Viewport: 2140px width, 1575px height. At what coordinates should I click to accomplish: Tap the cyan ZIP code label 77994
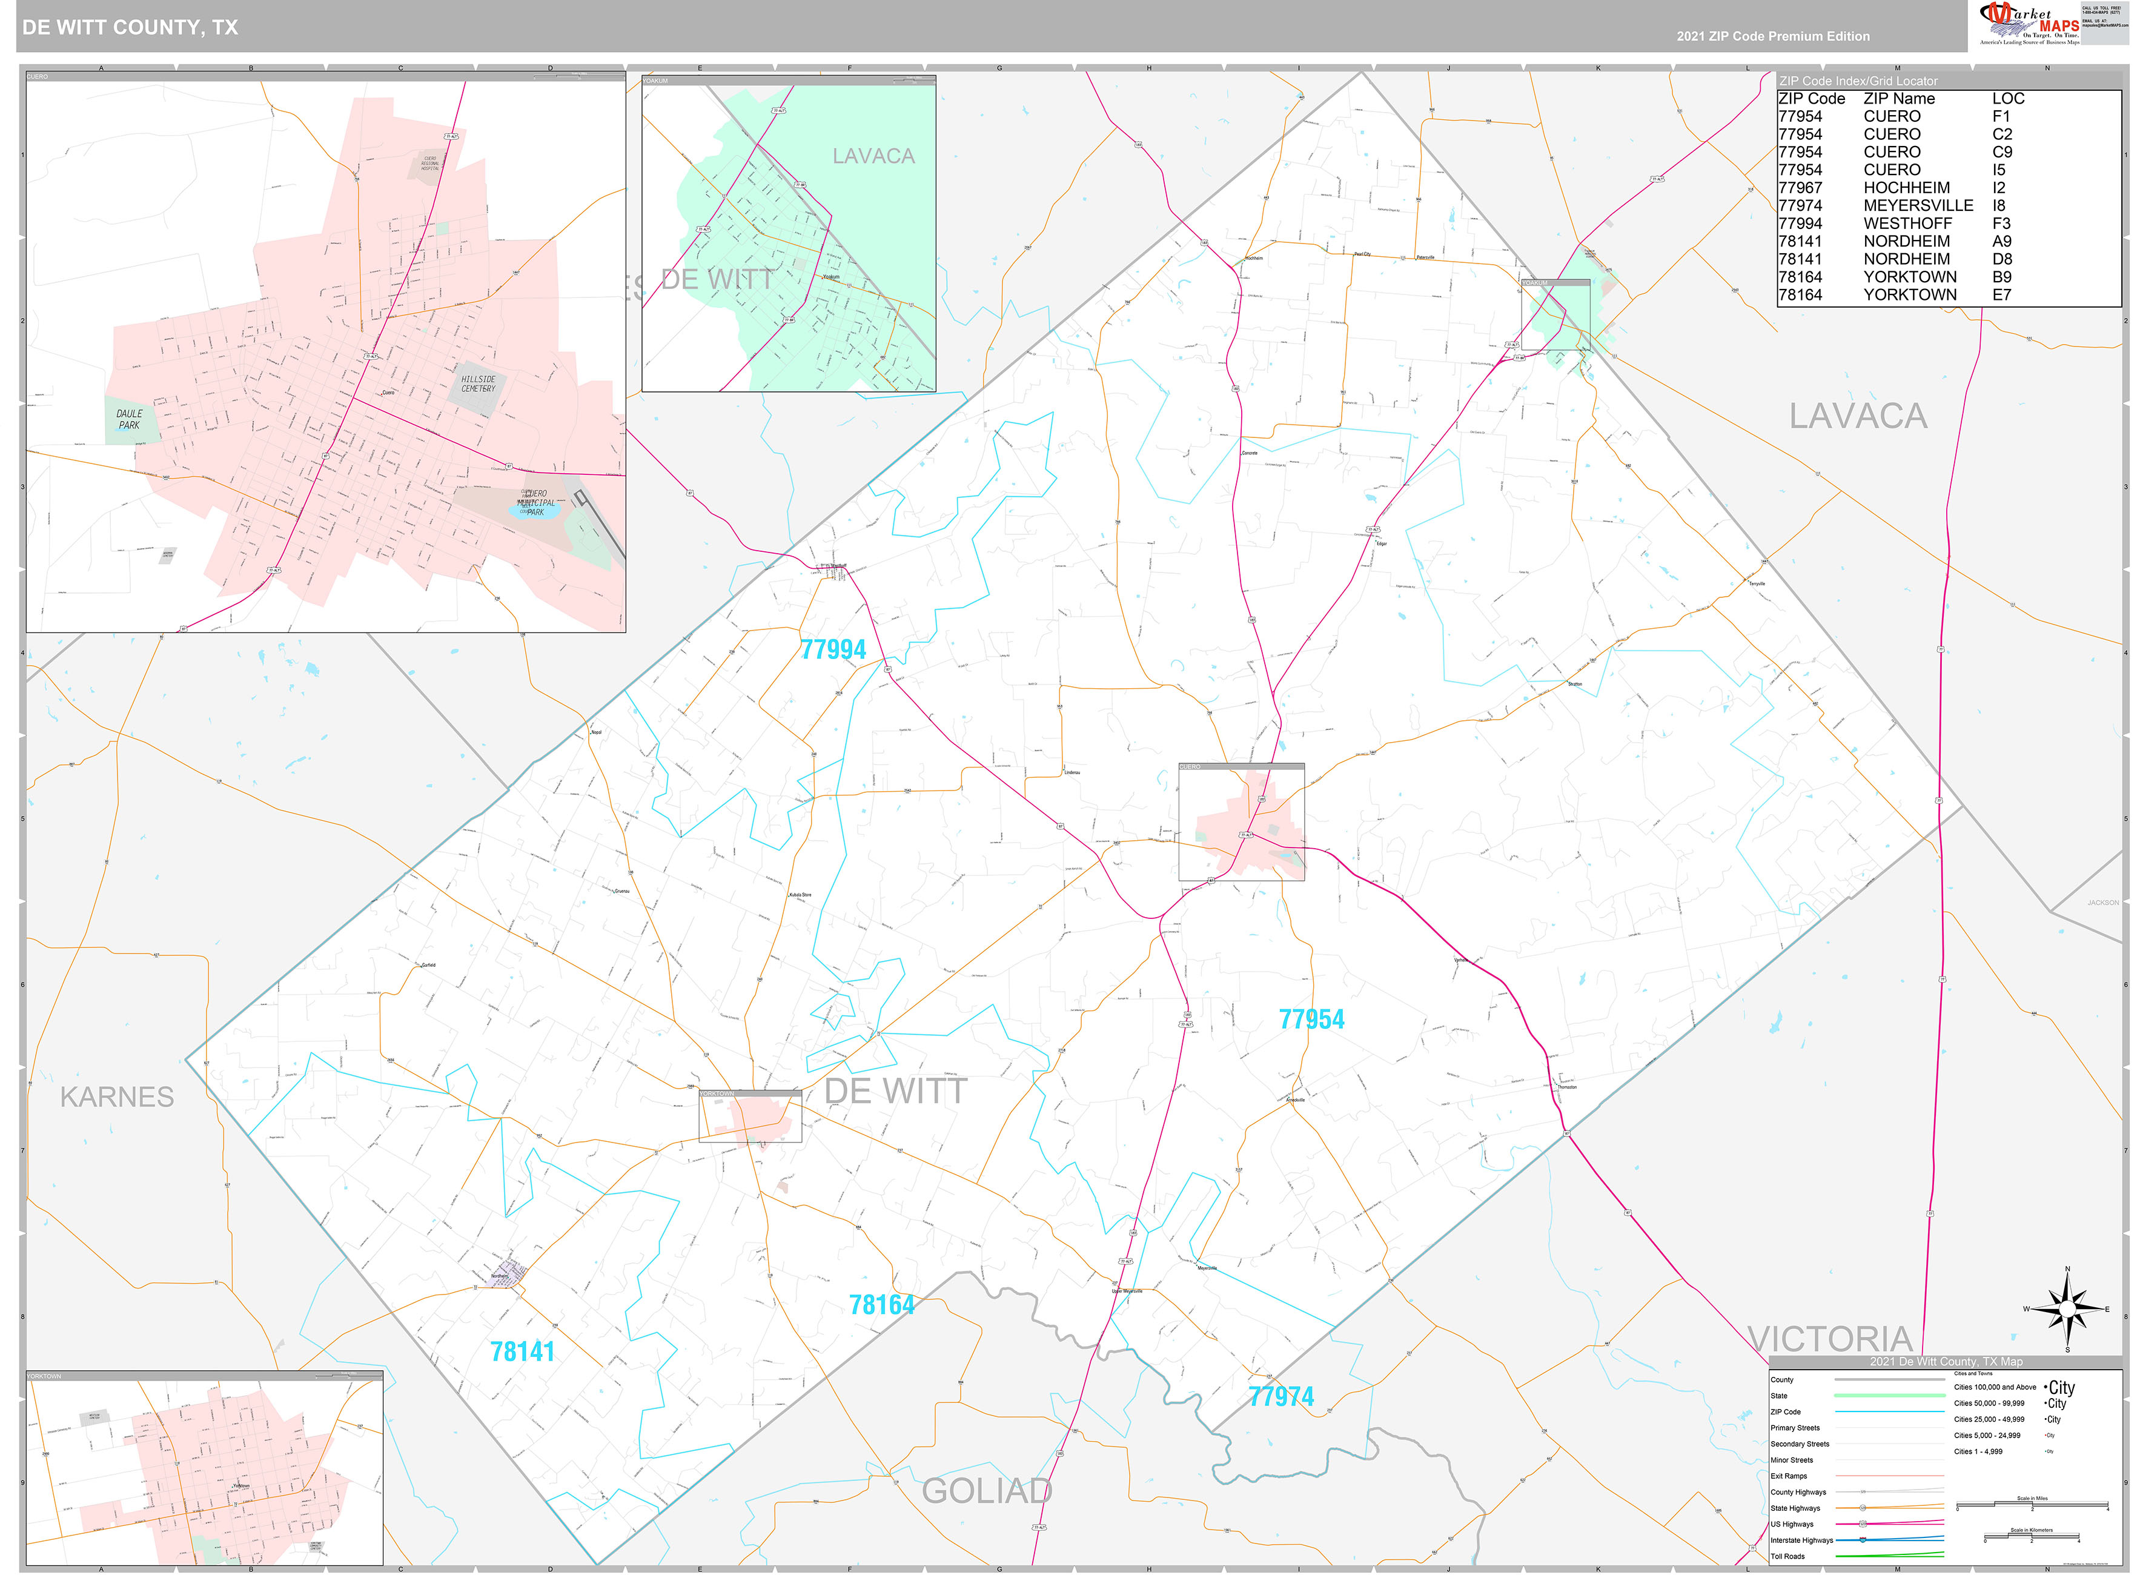tap(832, 649)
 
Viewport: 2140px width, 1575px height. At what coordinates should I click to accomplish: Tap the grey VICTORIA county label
tap(1830, 1339)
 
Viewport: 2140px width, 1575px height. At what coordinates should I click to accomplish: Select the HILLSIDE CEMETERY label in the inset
tap(477, 383)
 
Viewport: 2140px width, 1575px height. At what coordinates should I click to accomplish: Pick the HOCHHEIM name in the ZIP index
tap(1906, 188)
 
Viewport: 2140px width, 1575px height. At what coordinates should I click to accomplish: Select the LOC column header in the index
tap(2007, 98)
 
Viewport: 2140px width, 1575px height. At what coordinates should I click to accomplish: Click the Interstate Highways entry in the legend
tap(1801, 1540)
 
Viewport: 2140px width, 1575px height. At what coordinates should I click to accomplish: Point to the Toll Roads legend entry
tap(1787, 1556)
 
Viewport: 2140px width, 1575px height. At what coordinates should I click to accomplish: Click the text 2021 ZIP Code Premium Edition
tap(1772, 36)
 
